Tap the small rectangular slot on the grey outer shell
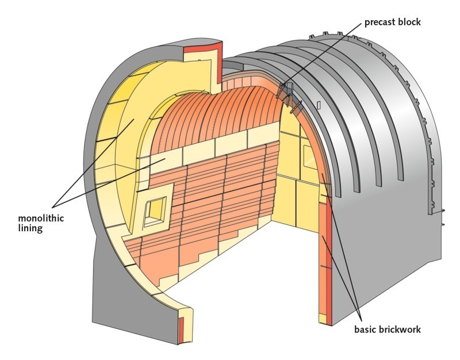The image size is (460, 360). point(317,105)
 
